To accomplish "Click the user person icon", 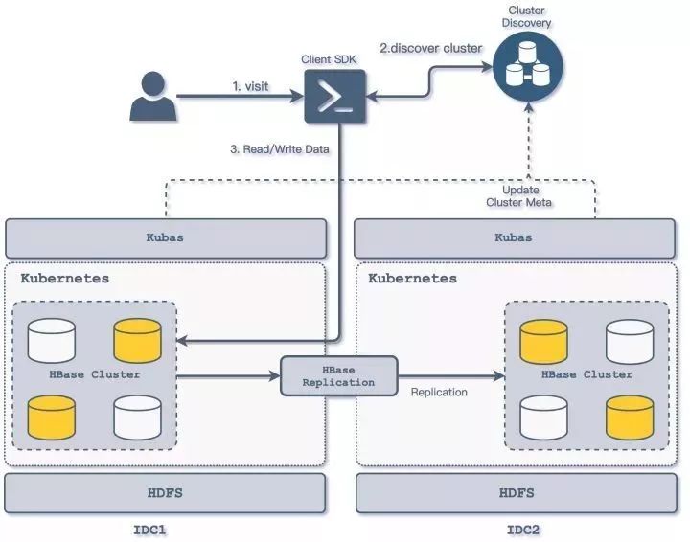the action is point(153,96).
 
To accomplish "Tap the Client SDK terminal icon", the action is point(334,96).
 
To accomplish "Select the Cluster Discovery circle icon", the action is point(528,66).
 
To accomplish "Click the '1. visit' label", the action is point(250,86).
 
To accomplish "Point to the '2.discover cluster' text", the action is point(431,48).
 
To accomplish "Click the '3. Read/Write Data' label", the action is point(280,149).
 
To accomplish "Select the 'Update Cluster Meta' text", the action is point(519,196).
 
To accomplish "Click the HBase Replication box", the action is point(339,375).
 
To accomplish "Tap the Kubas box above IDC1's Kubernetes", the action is point(166,237).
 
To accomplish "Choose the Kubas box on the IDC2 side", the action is point(515,237).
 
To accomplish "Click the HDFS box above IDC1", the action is point(165,493).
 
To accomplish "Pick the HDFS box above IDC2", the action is point(517,493).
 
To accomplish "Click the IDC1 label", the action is point(149,530).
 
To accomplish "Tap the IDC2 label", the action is point(523,530).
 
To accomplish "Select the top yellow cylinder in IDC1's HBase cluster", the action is point(137,341).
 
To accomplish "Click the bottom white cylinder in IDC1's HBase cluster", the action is point(137,418).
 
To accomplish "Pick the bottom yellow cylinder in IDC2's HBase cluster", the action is point(630,418).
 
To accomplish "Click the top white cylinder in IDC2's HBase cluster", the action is point(630,341).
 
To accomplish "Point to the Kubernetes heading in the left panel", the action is point(65,279).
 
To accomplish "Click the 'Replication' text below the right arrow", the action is point(439,392).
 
